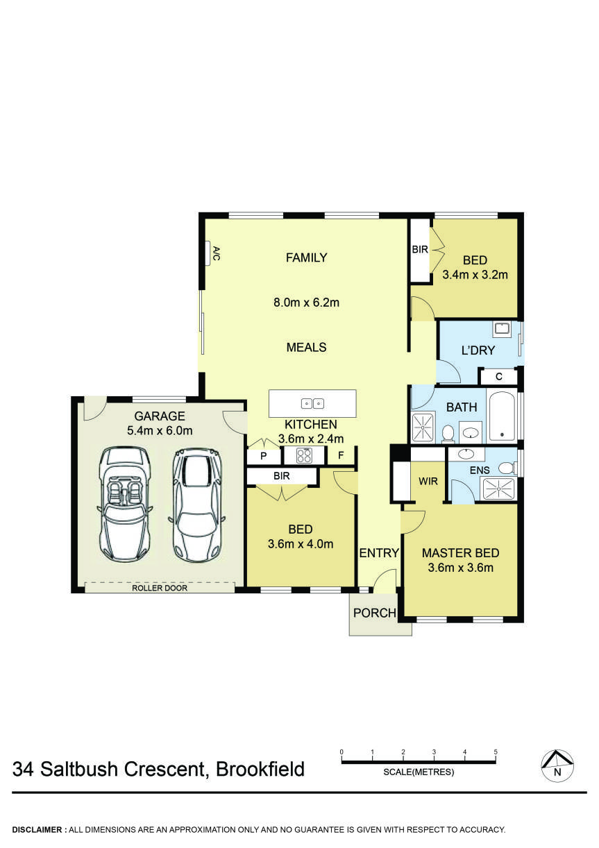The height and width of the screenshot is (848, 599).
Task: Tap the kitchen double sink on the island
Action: (312, 403)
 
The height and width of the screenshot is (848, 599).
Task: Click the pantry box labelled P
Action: (264, 456)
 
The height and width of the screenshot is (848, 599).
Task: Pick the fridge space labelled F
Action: (341, 456)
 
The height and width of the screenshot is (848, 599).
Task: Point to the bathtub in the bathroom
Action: (501, 416)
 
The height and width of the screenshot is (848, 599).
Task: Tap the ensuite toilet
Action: (506, 468)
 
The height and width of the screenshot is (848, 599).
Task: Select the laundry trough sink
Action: (502, 328)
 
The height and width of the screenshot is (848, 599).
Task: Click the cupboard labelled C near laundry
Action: (499, 377)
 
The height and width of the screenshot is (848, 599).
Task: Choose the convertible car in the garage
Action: (125, 503)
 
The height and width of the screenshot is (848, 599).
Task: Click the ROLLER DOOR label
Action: (160, 588)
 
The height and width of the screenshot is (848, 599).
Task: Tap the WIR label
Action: (428, 481)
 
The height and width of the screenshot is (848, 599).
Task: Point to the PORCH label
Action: (374, 613)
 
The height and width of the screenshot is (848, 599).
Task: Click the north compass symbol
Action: (557, 765)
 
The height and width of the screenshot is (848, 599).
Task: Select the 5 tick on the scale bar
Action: (496, 753)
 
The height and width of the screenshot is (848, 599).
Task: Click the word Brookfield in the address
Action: (260, 770)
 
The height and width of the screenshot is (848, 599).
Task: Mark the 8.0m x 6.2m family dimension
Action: (306, 303)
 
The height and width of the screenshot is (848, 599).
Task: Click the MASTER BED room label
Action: (460, 553)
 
